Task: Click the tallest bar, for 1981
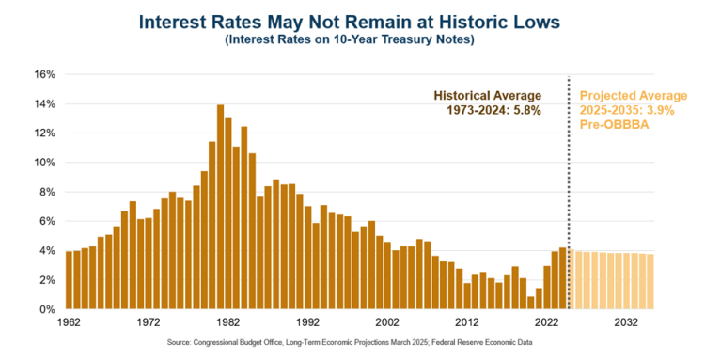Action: pyautogui.click(x=220, y=207)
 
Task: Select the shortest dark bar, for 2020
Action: pyautogui.click(x=531, y=303)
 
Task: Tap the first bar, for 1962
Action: pyautogui.click(x=69, y=280)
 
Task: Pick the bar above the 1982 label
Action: pyautogui.click(x=228, y=213)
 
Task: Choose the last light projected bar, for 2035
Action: pyautogui.click(x=650, y=282)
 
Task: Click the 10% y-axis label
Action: pyautogui.click(x=44, y=163)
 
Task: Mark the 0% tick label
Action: pyautogui.click(x=47, y=309)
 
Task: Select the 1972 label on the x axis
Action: pyautogui.click(x=149, y=322)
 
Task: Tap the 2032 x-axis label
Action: pyautogui.click(x=626, y=322)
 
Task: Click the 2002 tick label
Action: pyautogui.click(x=387, y=322)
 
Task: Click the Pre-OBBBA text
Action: pyautogui.click(x=614, y=125)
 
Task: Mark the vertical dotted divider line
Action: pyautogui.click(x=569, y=193)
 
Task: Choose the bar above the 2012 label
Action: pyautogui.click(x=467, y=296)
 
